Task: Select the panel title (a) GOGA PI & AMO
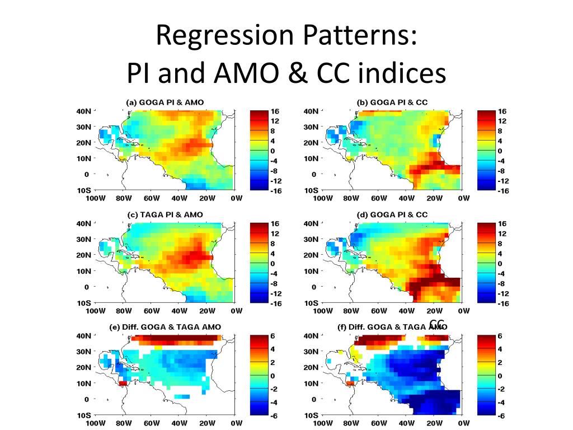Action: (x=165, y=102)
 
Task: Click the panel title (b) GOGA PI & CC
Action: (x=392, y=102)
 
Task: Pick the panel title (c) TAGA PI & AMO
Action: (x=165, y=214)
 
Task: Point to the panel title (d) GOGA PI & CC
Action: (x=392, y=214)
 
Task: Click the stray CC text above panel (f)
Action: (x=437, y=323)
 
